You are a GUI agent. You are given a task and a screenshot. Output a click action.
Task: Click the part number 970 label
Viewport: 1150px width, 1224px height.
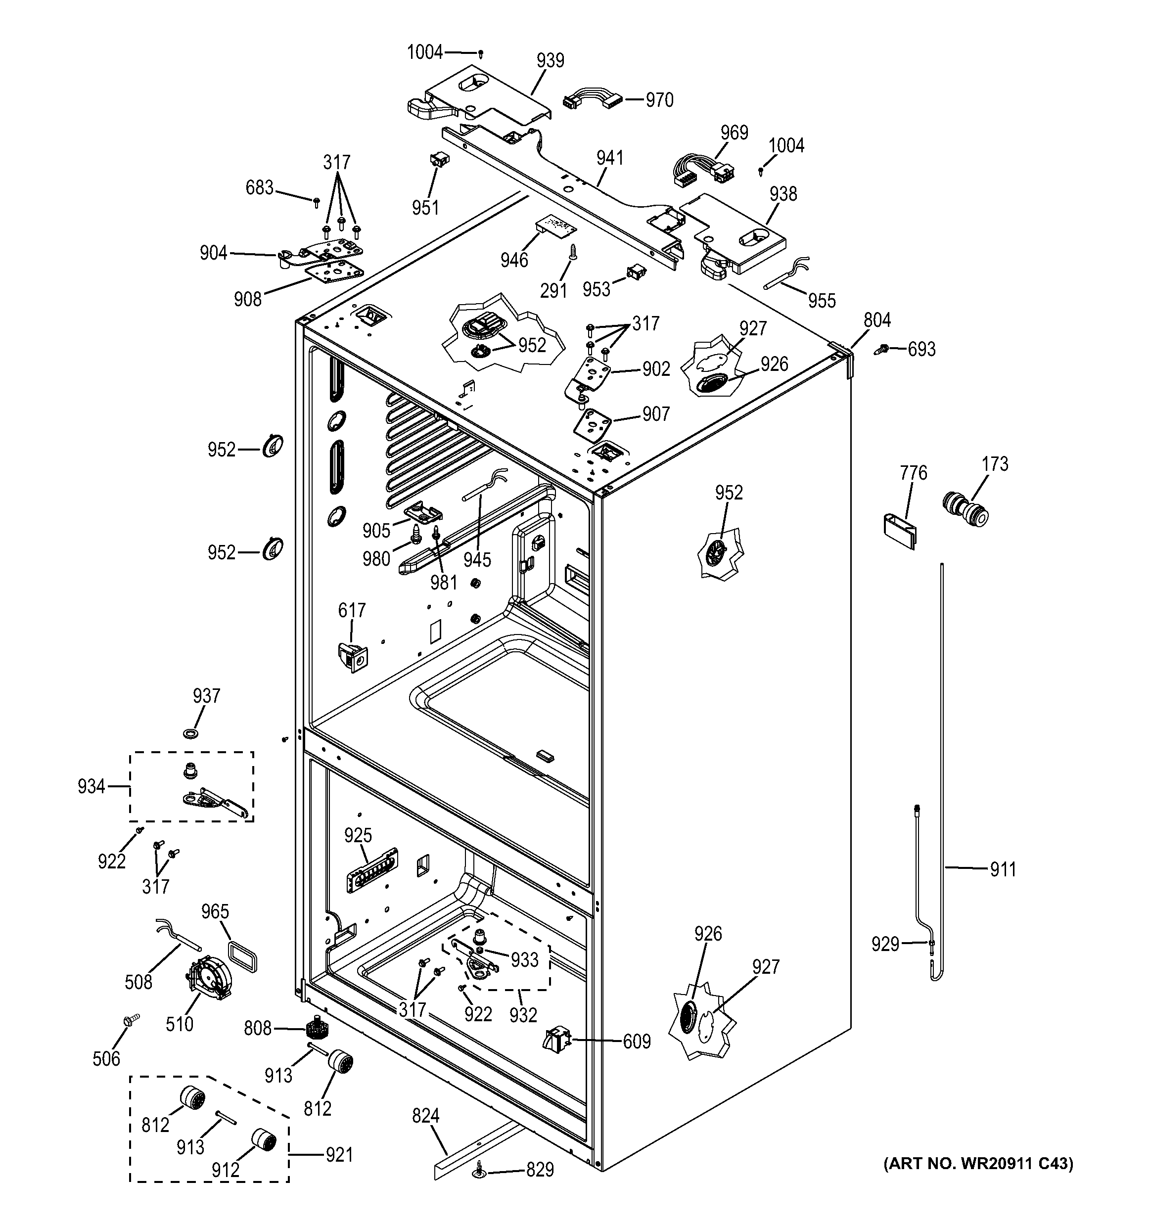pyautogui.click(x=659, y=100)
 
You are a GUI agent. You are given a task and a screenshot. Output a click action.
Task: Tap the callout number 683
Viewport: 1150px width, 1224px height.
pyautogui.click(x=259, y=188)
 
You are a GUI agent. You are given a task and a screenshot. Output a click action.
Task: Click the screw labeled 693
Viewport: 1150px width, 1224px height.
pyautogui.click(x=883, y=349)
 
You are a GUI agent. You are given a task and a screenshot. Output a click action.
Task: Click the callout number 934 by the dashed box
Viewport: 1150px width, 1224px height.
pyautogui.click(x=91, y=786)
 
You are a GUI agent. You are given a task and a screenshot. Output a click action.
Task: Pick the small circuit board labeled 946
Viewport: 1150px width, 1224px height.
pyautogui.click(x=556, y=227)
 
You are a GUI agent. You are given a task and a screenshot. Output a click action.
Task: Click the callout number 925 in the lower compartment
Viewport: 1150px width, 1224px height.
pyautogui.click(x=358, y=835)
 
